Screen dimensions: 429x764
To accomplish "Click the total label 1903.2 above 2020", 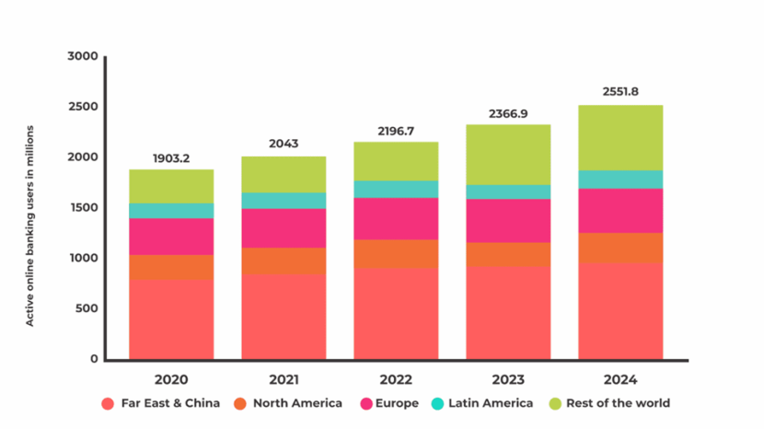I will [x=171, y=158].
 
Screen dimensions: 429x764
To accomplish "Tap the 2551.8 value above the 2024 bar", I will [x=620, y=92].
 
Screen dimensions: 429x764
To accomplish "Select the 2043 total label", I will [x=284, y=145].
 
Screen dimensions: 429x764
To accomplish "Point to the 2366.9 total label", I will [x=508, y=113].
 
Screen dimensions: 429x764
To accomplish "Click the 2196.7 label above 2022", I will [x=396, y=131].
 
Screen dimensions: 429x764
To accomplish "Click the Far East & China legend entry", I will [x=162, y=403].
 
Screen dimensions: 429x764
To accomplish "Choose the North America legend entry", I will [x=288, y=403].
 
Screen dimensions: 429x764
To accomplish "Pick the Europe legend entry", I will [x=388, y=403].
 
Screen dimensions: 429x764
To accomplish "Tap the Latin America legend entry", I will [x=481, y=403].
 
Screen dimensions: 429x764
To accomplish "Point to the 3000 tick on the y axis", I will [x=82, y=56].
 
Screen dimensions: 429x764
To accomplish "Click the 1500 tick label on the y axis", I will [x=82, y=208].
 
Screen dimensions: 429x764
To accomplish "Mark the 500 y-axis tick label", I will [x=86, y=308].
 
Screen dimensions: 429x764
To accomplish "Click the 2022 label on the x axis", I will [x=396, y=379].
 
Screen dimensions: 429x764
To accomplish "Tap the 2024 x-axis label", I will [x=620, y=379].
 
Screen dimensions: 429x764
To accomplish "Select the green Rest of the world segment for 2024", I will [x=620, y=138].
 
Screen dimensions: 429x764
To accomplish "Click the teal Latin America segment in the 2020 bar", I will [x=171, y=211].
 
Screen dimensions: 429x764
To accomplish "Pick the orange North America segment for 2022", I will [x=396, y=254].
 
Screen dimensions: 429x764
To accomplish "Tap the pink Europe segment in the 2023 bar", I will [x=508, y=221].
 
